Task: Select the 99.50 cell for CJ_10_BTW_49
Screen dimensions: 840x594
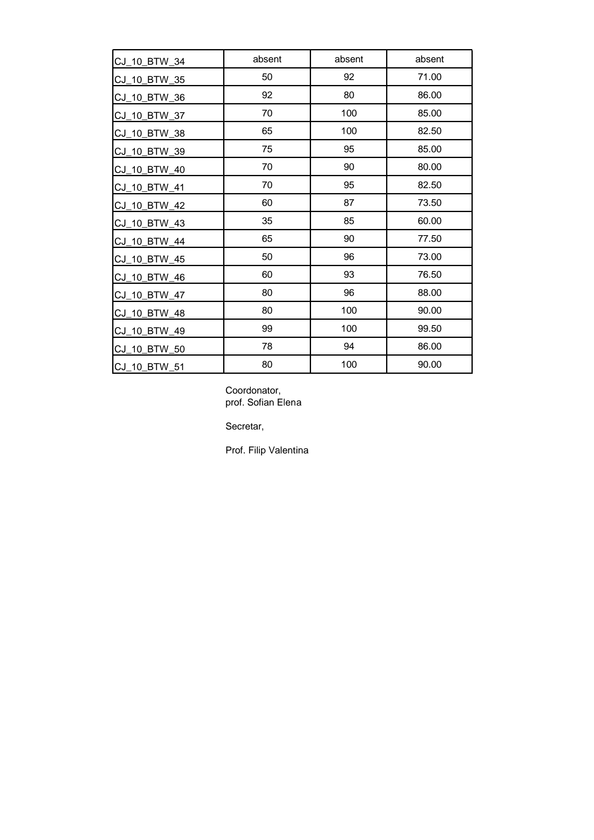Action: click(x=429, y=329)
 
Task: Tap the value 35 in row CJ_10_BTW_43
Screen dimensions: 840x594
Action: click(x=267, y=221)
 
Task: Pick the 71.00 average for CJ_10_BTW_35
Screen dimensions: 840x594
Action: click(x=429, y=77)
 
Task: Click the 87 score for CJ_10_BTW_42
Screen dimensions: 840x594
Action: click(x=349, y=203)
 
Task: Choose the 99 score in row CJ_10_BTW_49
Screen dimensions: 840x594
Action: click(x=267, y=329)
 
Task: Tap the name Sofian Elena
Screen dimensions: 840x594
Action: click(x=274, y=403)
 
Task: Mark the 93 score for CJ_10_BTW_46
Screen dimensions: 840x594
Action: click(x=349, y=275)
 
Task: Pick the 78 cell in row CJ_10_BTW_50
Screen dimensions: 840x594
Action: click(x=267, y=347)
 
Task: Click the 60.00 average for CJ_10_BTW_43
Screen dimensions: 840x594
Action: click(x=429, y=221)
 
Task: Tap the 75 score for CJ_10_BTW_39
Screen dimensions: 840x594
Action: click(x=267, y=149)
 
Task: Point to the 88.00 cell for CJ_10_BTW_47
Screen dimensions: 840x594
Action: click(x=429, y=293)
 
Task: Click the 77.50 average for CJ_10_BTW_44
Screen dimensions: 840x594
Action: click(x=429, y=239)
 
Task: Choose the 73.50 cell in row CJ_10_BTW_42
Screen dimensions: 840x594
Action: click(x=429, y=203)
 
